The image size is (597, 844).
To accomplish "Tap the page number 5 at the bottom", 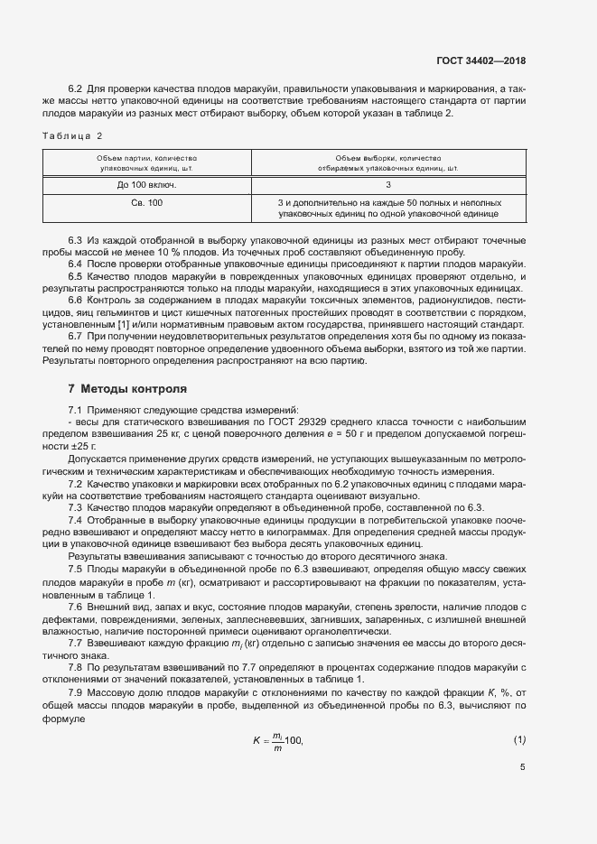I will [x=523, y=766].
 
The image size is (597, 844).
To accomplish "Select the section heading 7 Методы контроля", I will [x=127, y=389].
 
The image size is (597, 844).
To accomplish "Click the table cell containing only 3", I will [x=388, y=184].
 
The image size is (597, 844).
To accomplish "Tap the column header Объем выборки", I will [x=388, y=162].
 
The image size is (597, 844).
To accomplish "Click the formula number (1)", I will [x=519, y=740].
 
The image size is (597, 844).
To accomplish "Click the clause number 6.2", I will [x=76, y=88].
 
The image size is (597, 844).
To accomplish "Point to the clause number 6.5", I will [x=76, y=275].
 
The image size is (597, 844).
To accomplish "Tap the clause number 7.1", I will [x=76, y=411].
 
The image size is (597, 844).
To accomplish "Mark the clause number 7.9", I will [x=76, y=691].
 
